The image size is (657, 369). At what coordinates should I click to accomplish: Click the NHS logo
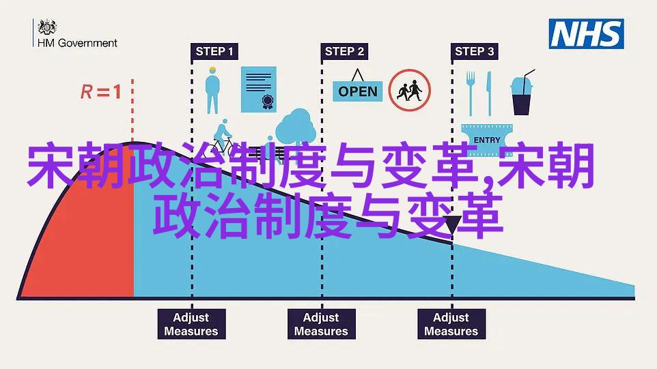586,34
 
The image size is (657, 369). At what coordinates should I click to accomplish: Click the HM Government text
78,43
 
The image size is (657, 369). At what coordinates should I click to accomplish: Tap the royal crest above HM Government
47,27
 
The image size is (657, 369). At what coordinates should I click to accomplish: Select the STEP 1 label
214,51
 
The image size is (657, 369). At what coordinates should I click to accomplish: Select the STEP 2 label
344,51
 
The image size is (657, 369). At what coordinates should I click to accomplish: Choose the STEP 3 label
475,51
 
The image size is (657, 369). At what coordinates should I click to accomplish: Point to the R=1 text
101,91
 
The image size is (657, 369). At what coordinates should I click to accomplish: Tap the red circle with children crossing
409,90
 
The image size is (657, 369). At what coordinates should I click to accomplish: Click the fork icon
471,93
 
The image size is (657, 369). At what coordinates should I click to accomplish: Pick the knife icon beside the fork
488,93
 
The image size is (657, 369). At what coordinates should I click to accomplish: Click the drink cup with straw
522,93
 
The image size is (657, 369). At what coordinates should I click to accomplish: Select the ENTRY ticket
487,140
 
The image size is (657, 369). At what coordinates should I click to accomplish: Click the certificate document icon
259,89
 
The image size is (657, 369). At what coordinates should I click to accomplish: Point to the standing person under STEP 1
212,90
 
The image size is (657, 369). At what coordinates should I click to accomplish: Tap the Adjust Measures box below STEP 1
191,324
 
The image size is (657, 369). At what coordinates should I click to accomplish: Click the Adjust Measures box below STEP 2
322,324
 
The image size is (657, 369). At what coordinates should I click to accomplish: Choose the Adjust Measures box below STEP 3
451,324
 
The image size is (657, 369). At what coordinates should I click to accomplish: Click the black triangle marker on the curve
453,224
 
